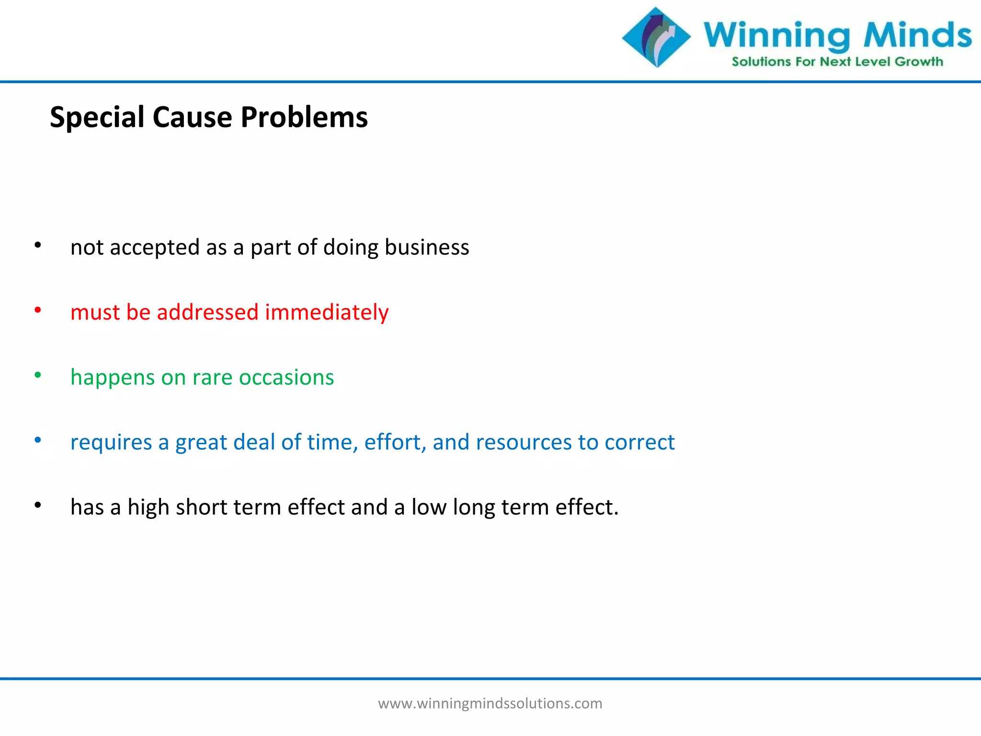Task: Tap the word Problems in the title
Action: [304, 117]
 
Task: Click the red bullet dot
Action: [38, 310]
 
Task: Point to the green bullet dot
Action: [38, 375]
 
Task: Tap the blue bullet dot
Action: [38, 440]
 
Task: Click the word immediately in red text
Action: [327, 312]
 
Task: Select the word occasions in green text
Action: [286, 378]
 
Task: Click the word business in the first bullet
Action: [427, 248]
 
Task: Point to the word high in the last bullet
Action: [148, 508]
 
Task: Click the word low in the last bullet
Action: [429, 507]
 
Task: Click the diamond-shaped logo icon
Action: [656, 37]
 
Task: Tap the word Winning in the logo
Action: [776, 36]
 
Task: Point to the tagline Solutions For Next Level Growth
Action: [837, 62]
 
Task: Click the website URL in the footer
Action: [490, 703]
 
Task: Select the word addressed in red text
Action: [207, 312]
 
